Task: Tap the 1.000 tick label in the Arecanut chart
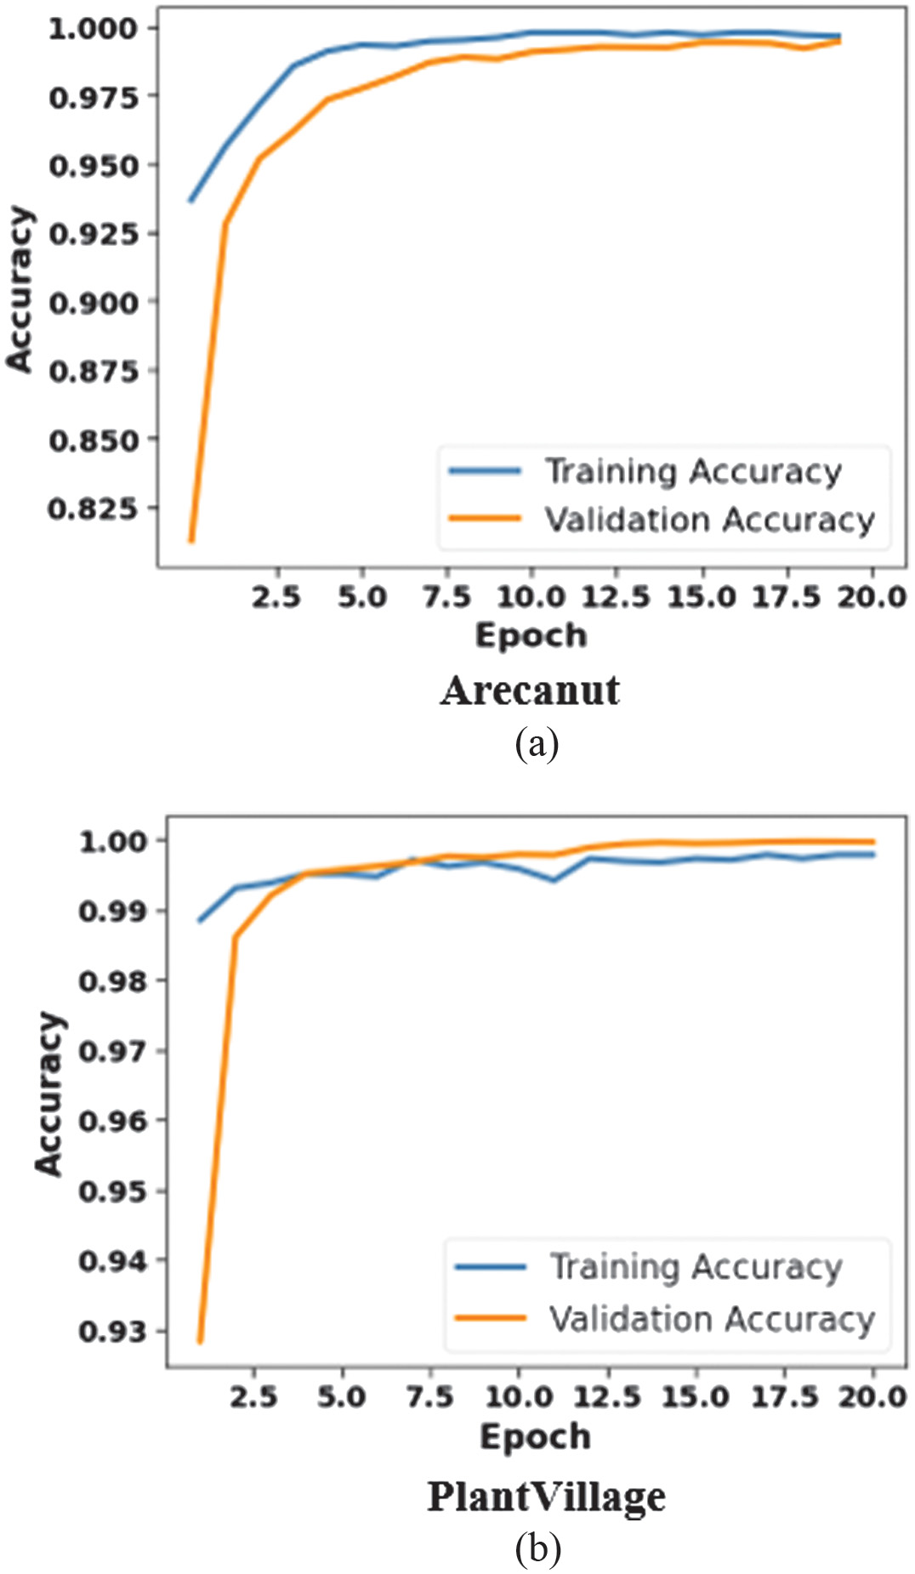pos(92,29)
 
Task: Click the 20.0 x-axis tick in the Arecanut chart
pos(872,597)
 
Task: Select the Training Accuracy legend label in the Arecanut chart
pos(693,471)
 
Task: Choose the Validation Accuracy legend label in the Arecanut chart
pos(709,520)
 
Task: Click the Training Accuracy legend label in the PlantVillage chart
pos(696,1267)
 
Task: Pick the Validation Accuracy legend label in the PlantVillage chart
pos(712,1319)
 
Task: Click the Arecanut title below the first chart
pos(530,690)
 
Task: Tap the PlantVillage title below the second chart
pos(546,1497)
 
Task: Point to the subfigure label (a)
pos(537,743)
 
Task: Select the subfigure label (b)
pos(537,1548)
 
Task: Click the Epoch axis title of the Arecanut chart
pos(531,635)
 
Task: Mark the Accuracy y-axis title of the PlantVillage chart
pos(49,1094)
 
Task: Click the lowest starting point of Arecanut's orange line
pos(191,540)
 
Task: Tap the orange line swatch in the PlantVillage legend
pos(491,1319)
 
